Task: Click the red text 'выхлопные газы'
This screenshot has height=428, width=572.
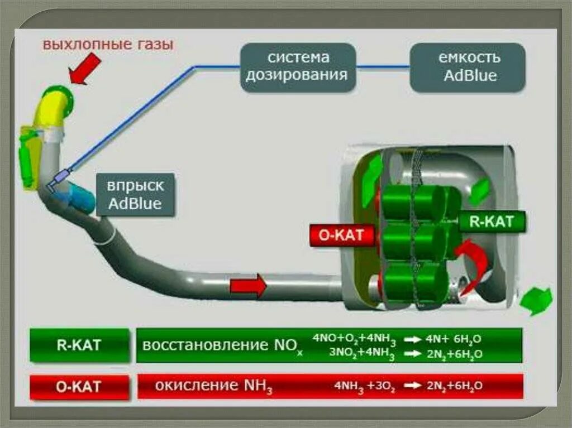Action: coord(108,44)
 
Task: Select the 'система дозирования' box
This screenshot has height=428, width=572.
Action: coord(298,67)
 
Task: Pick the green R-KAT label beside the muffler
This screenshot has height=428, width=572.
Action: coord(492,222)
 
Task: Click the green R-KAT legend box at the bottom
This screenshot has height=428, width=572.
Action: coord(79,345)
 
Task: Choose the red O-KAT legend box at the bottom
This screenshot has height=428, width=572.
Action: coord(79,386)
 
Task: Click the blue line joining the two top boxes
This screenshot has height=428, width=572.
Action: coord(383,67)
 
